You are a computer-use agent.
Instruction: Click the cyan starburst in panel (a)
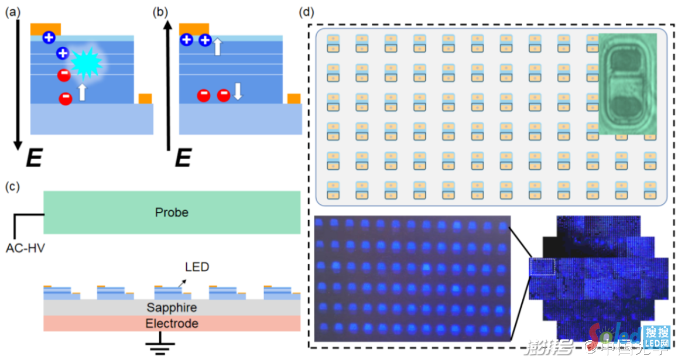click(86, 61)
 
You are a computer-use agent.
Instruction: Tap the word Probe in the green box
click(172, 212)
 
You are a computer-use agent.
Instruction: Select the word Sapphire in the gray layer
click(172, 308)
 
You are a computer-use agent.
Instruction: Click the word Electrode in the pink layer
click(172, 323)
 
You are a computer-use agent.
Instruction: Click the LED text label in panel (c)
click(197, 267)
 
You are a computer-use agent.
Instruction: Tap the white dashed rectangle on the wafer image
click(542, 267)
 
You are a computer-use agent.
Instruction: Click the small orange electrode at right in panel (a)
click(145, 98)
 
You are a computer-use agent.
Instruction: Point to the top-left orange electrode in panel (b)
click(194, 29)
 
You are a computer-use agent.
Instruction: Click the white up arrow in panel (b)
click(217, 46)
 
